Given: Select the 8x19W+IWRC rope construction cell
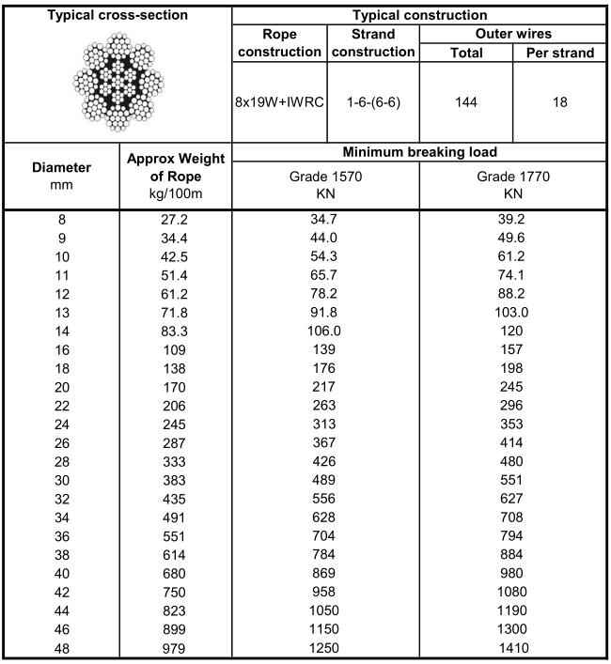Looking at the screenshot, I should (x=279, y=102).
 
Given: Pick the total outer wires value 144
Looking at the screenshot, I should (x=466, y=102).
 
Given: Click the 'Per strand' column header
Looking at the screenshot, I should (x=559, y=53).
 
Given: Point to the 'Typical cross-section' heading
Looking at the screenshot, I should (x=117, y=15).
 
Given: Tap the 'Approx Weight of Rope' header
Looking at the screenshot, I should (x=176, y=176).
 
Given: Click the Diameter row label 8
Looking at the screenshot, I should (x=62, y=220).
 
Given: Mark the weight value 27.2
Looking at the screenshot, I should (x=176, y=220).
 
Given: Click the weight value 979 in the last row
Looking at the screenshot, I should (x=176, y=648).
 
